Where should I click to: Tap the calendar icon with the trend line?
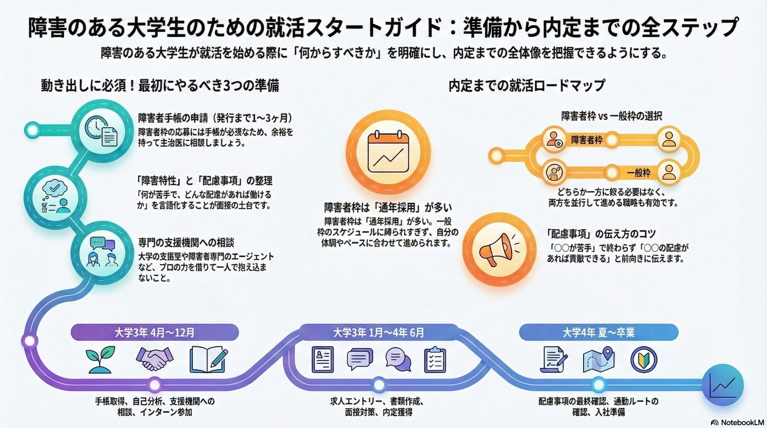click(x=388, y=152)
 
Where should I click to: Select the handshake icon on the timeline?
click(x=155, y=359)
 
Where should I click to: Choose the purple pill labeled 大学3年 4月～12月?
click(x=155, y=333)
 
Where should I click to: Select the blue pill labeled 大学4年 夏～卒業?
click(x=598, y=333)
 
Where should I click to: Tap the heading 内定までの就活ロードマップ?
click(x=526, y=86)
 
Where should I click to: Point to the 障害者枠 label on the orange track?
click(x=586, y=140)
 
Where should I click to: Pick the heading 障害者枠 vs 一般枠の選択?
click(x=612, y=116)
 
